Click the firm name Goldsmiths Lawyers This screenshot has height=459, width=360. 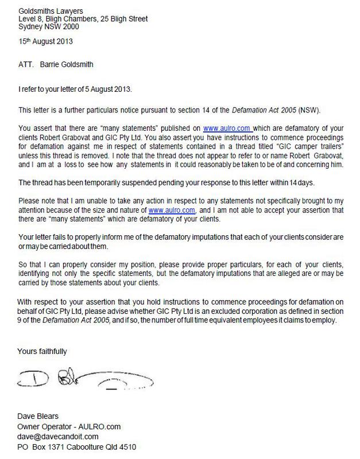pos(50,11)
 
